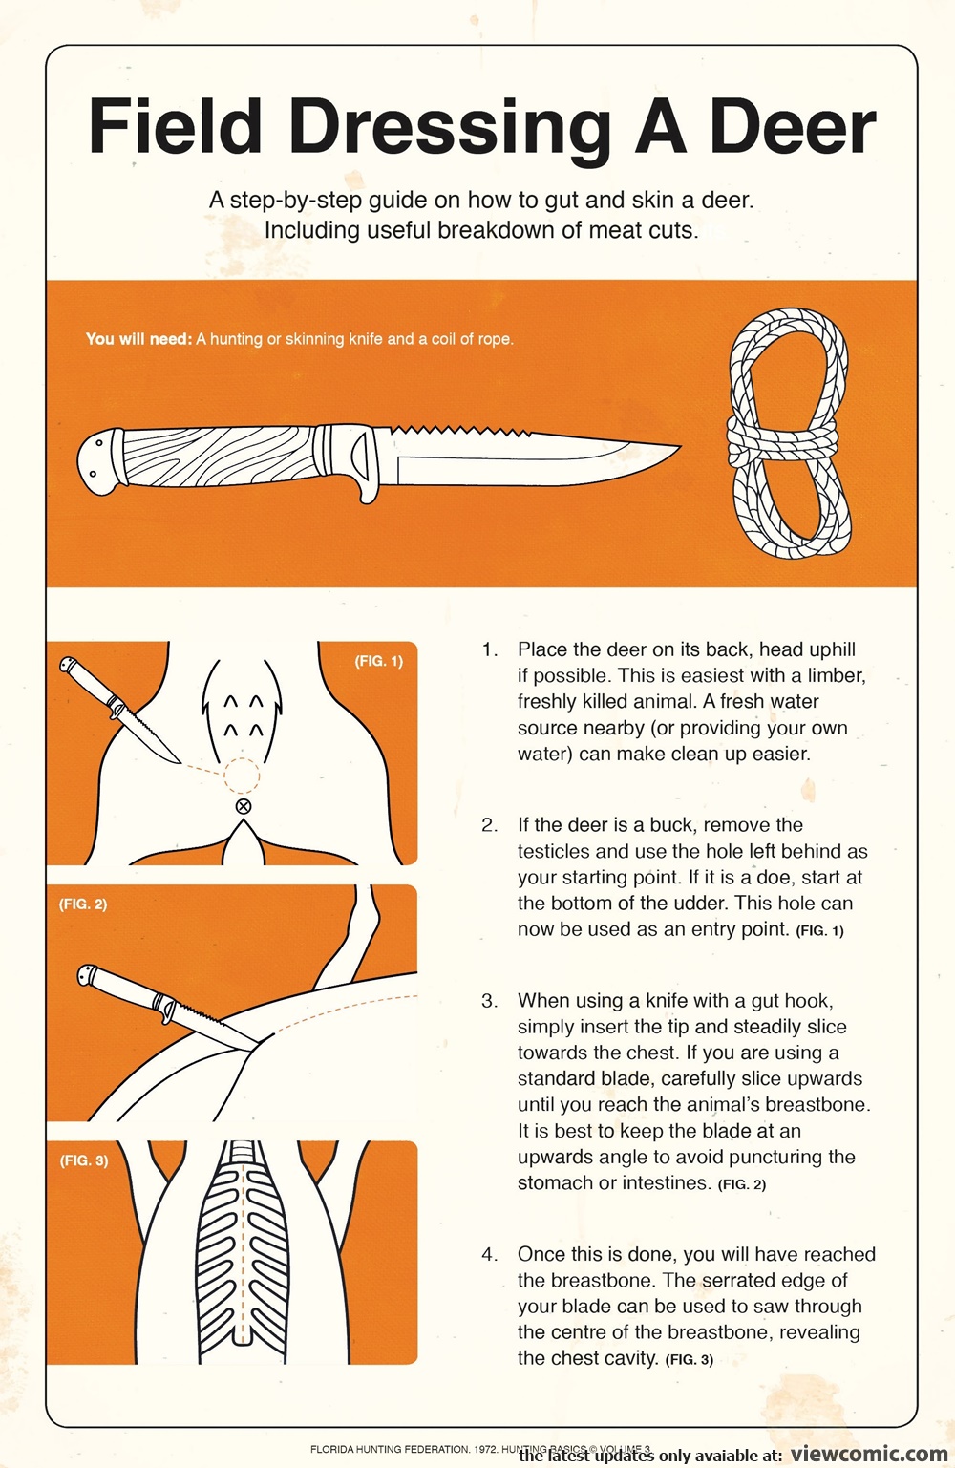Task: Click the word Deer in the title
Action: pyautogui.click(x=793, y=126)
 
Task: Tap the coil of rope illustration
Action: pyautogui.click(x=789, y=434)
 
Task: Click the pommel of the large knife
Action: pyautogui.click(x=99, y=462)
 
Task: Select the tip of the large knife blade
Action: pyautogui.click(x=680, y=446)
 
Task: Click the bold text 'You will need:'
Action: pyautogui.click(x=138, y=339)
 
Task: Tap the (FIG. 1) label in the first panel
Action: pyautogui.click(x=379, y=661)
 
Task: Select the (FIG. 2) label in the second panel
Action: pyautogui.click(x=83, y=904)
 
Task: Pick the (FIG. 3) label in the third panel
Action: pyautogui.click(x=84, y=1160)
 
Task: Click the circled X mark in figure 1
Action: pyautogui.click(x=244, y=806)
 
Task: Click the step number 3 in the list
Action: pyautogui.click(x=488, y=1001)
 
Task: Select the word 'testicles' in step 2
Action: pyautogui.click(x=558, y=851)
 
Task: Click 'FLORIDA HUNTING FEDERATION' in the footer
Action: pyautogui.click(x=390, y=1449)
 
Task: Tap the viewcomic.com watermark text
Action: pyautogui.click(x=868, y=1454)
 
